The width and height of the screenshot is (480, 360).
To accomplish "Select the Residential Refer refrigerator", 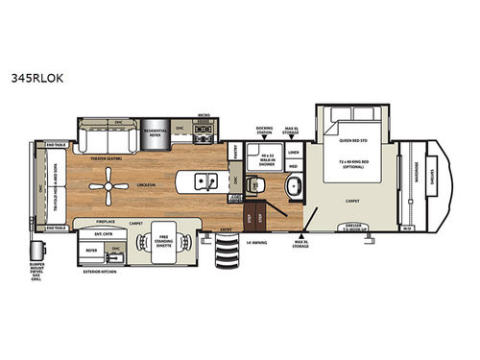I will pyautogui.click(x=156, y=132).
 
